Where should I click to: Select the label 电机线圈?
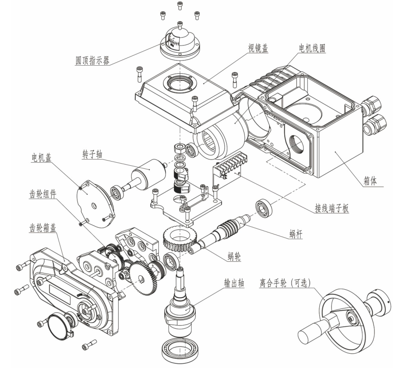tap(312, 48)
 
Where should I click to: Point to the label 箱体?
tap(370, 181)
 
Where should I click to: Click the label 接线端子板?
tap(332, 208)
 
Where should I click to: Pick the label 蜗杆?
tap(296, 234)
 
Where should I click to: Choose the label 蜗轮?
tap(234, 257)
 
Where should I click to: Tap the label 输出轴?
tap(234, 283)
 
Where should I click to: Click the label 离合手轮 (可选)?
tap(285, 283)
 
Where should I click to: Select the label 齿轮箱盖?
tap(43, 228)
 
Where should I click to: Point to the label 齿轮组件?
tap(43, 194)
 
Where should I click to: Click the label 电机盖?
tap(41, 158)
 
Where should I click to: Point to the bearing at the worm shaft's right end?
tap(264, 207)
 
